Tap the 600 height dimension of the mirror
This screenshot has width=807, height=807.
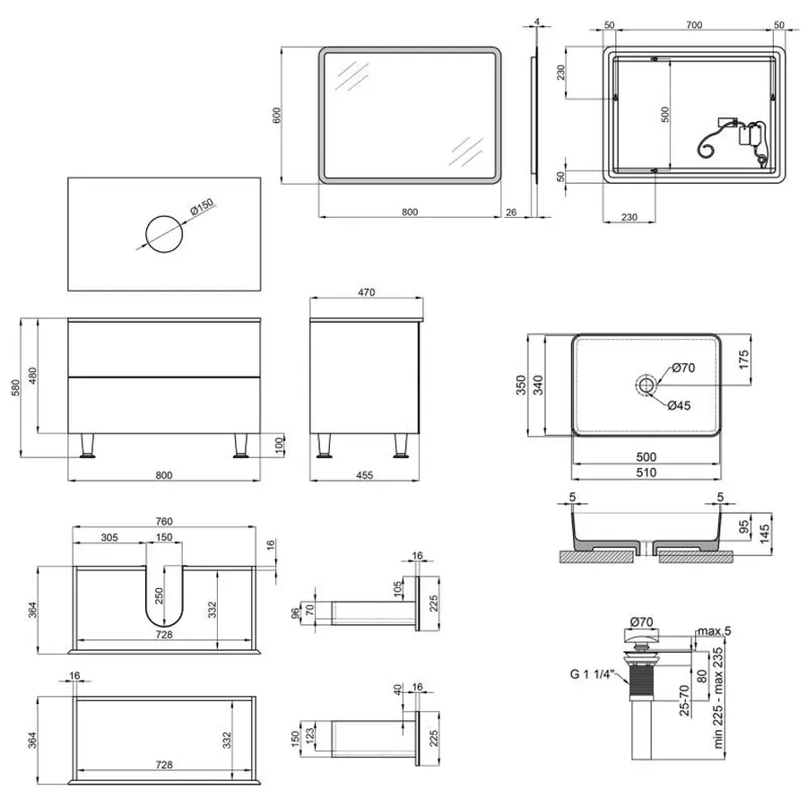(x=278, y=116)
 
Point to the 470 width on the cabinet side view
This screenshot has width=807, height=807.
(x=366, y=292)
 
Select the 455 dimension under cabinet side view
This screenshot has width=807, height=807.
(x=363, y=474)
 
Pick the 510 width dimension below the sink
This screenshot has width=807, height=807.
(x=646, y=473)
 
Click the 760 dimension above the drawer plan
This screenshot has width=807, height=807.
(x=164, y=521)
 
